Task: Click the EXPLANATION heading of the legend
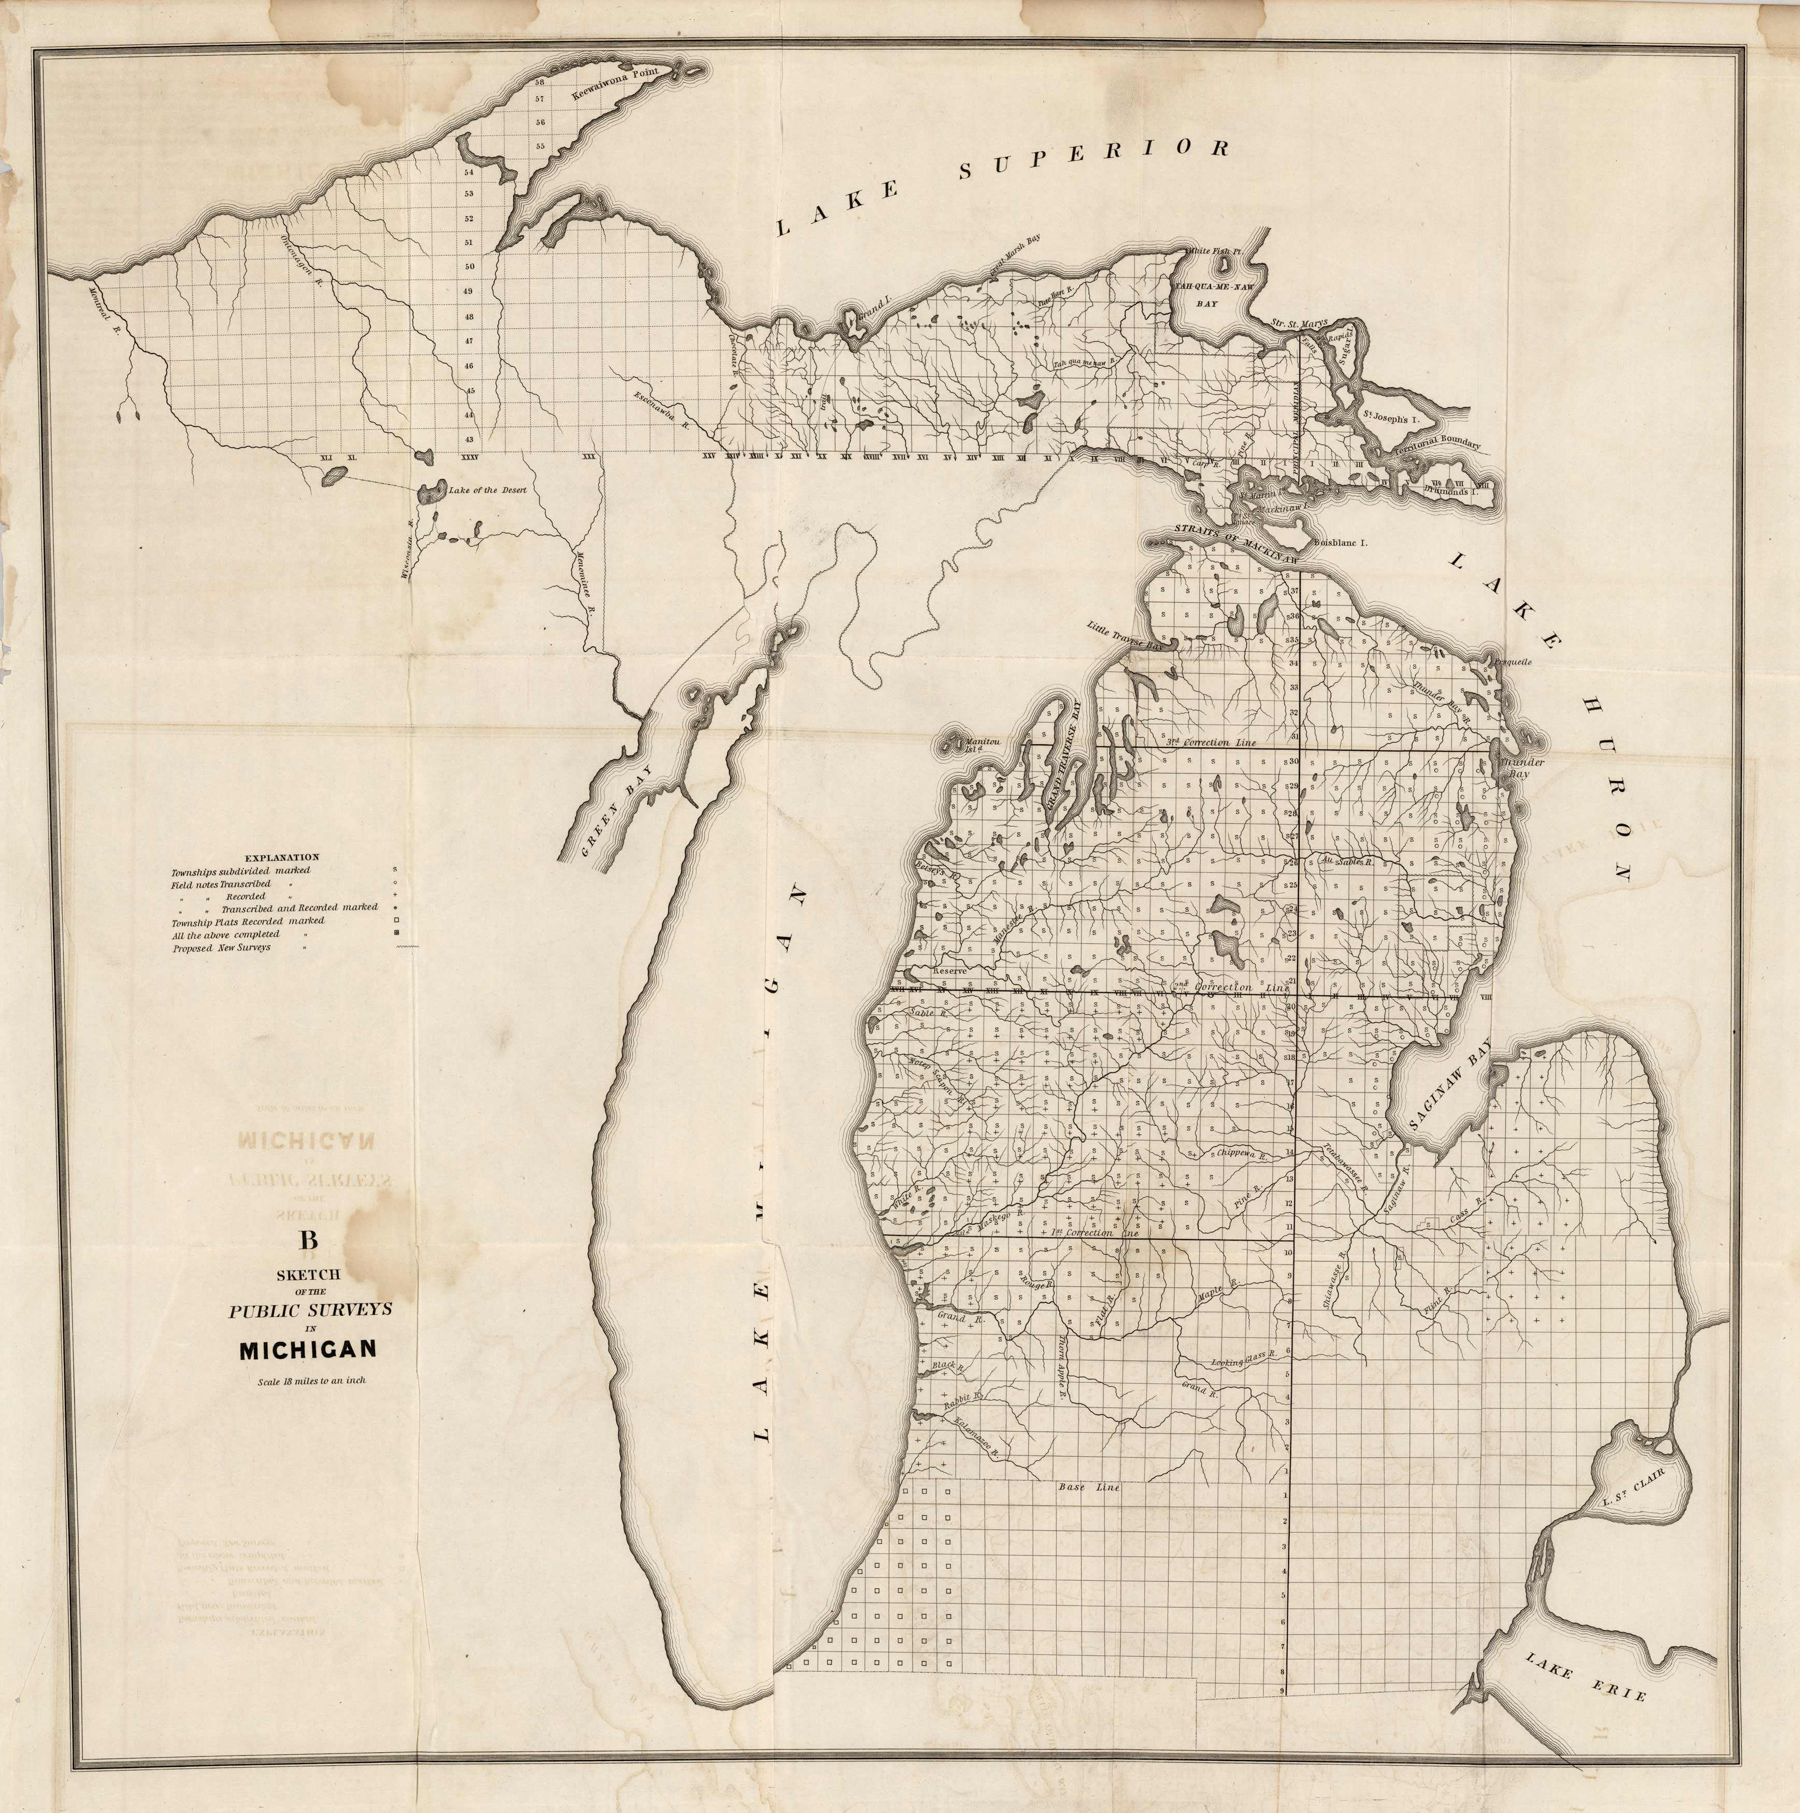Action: (x=282, y=857)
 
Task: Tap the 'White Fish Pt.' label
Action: (x=1214, y=252)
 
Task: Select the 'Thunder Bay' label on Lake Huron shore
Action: (x=1522, y=767)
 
